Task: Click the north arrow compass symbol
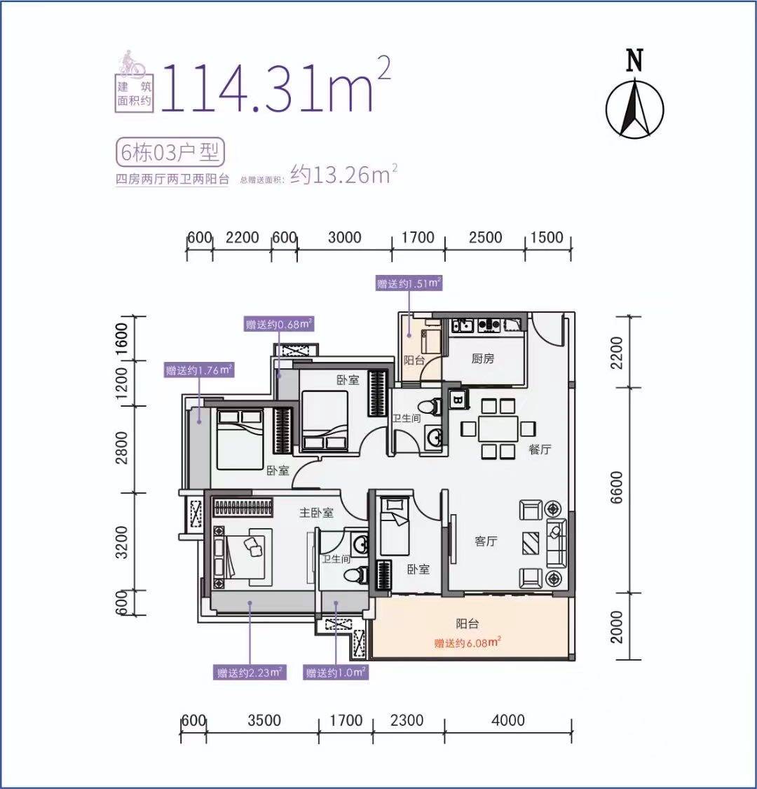tap(634, 109)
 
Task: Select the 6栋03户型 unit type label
tap(170, 152)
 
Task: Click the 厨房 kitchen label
tap(482, 359)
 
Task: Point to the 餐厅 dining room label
tap(540, 450)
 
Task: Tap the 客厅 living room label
tap(486, 541)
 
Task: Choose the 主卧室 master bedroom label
tap(316, 513)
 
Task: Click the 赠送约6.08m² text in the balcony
tap(468, 642)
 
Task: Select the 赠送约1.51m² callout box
tap(409, 283)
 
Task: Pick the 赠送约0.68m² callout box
tap(279, 324)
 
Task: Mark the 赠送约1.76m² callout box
tap(199, 370)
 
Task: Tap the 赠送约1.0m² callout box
tap(336, 673)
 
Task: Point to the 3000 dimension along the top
tap(345, 238)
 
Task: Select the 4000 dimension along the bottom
tap(508, 720)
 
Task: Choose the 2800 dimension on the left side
tap(121, 448)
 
